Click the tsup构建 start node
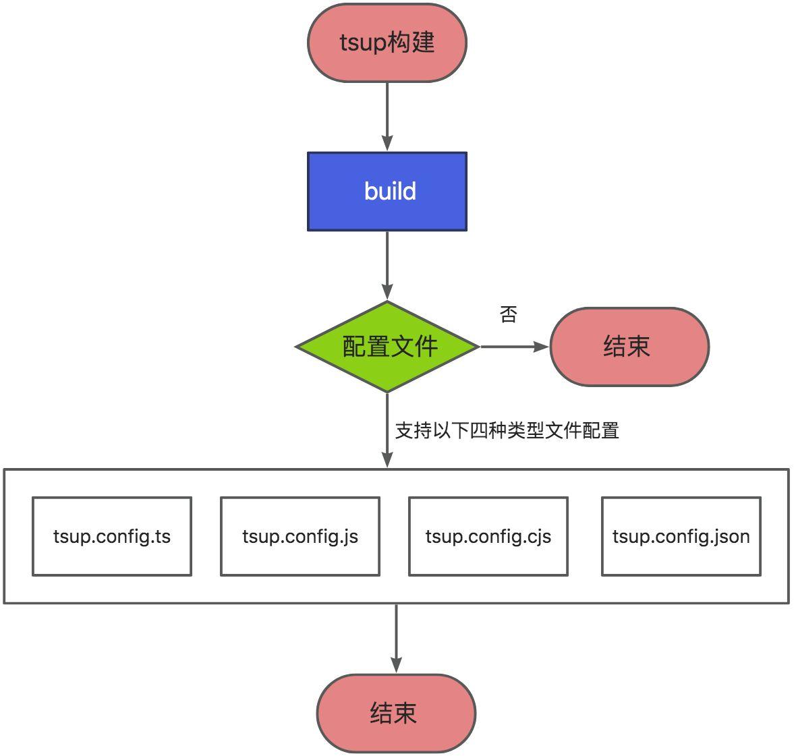pyautogui.click(x=387, y=43)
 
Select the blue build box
pyautogui.click(x=387, y=192)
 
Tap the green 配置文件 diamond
pyautogui.click(x=387, y=347)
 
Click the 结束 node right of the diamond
pyautogui.click(x=629, y=347)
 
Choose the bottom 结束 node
pyautogui.click(x=396, y=713)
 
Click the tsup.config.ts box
pyautogui.click(x=112, y=537)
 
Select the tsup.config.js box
pyautogui.click(x=300, y=537)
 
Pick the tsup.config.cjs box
pyautogui.click(x=488, y=537)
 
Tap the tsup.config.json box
pyautogui.click(x=681, y=537)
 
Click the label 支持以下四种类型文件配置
pyautogui.click(x=507, y=430)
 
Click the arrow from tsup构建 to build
pyautogui.click(x=387, y=116)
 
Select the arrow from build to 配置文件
pyautogui.click(x=387, y=265)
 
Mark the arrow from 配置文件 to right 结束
pyautogui.click(x=513, y=347)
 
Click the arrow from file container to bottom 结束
pyautogui.click(x=396, y=637)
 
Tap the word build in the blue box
pyautogui.click(x=390, y=192)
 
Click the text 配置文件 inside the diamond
pyautogui.click(x=390, y=347)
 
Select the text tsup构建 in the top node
pyautogui.click(x=387, y=43)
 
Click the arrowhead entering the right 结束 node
pyautogui.click(x=542, y=347)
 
